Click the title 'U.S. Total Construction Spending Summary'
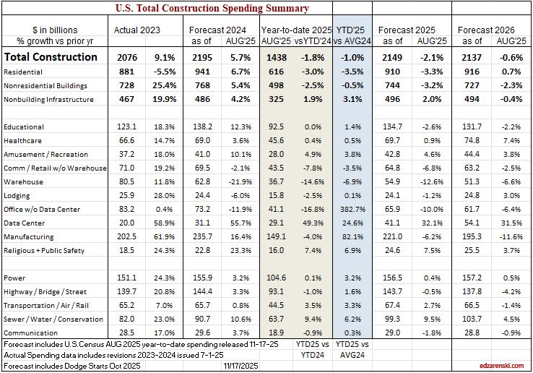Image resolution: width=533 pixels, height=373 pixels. (212, 9)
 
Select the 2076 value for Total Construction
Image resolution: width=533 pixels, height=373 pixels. (128, 56)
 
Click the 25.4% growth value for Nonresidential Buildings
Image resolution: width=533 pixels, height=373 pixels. (162, 86)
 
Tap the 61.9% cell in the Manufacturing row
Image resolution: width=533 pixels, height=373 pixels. (163, 236)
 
